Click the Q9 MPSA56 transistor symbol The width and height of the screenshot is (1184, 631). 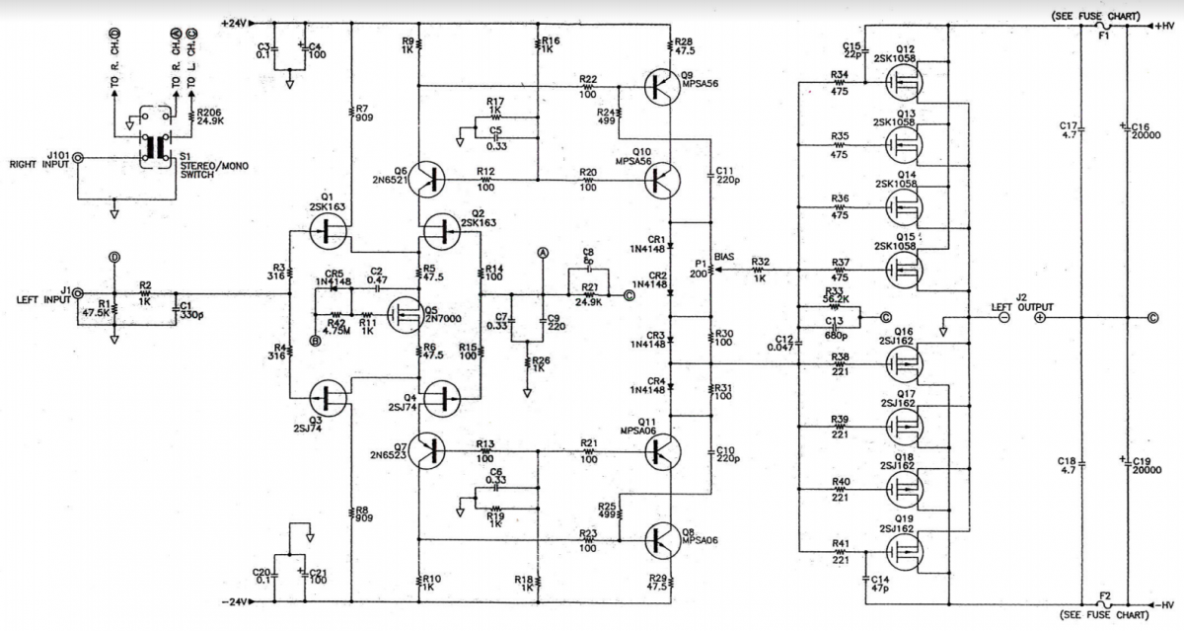[x=659, y=87]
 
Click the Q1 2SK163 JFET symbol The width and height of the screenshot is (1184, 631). [x=327, y=232]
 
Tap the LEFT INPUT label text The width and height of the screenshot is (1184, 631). [x=39, y=299]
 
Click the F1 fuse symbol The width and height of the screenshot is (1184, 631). [x=1103, y=27]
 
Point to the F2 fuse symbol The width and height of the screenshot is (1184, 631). [x=1103, y=602]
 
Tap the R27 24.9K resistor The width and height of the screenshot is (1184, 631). [x=589, y=293]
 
